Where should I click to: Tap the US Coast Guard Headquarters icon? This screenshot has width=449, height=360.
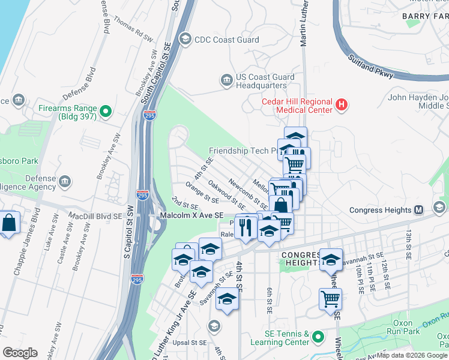227,80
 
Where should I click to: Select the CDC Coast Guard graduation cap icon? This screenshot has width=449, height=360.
185,40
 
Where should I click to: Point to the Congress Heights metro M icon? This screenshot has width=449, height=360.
419,209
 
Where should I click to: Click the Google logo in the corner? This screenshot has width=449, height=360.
20,353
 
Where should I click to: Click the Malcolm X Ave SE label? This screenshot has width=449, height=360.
191,215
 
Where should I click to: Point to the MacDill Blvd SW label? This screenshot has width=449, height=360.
88,215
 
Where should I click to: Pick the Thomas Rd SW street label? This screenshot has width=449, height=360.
133,31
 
